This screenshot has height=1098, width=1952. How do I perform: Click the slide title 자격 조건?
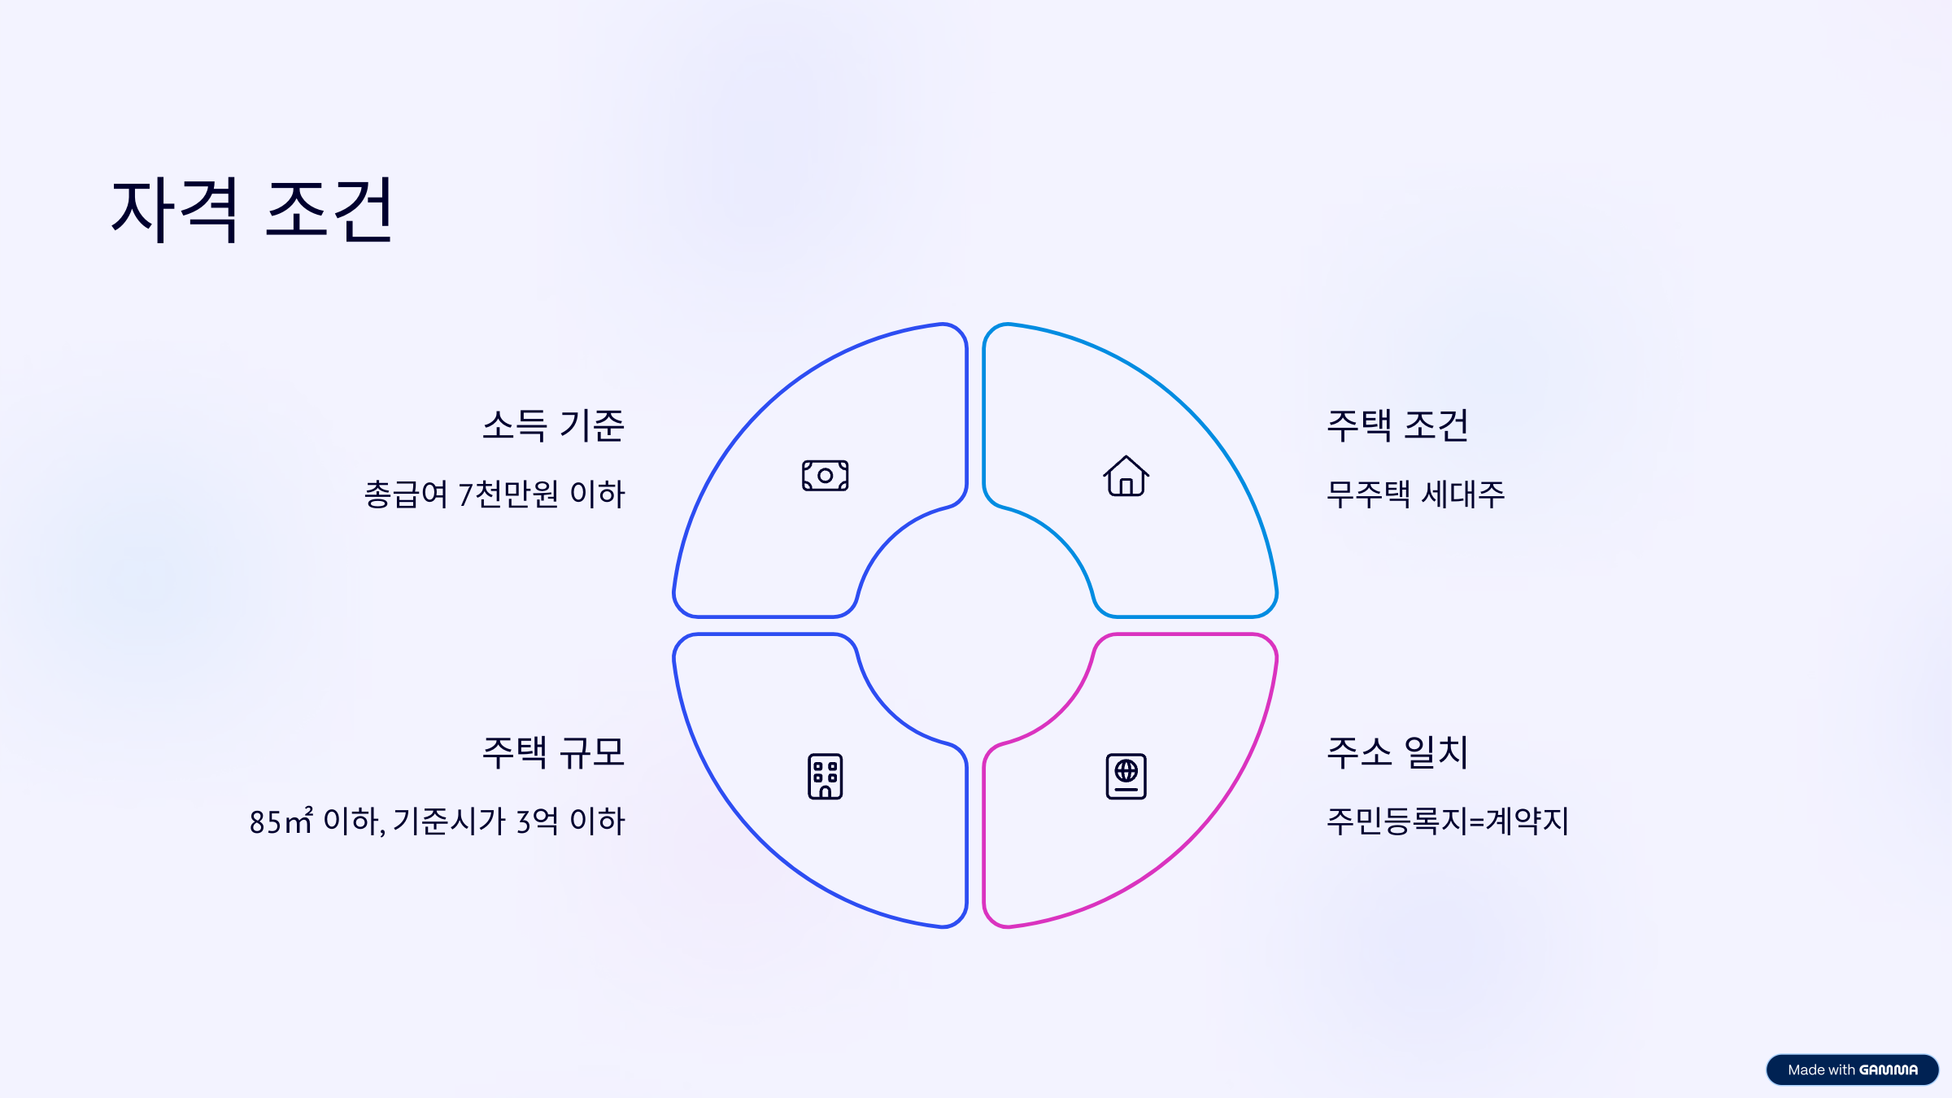pyautogui.click(x=252, y=210)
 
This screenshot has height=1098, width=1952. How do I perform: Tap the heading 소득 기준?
pyautogui.click(x=553, y=425)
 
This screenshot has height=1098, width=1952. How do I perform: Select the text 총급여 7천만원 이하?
pyautogui.click(x=495, y=495)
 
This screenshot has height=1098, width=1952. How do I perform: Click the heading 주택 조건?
pyautogui.click(x=1397, y=425)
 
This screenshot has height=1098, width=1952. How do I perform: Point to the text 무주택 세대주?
pyautogui.click(x=1415, y=495)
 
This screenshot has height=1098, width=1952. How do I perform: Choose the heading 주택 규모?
pyautogui.click(x=553, y=752)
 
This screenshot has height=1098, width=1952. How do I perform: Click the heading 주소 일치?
pyautogui.click(x=1397, y=752)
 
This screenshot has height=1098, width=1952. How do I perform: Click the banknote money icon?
pyautogui.click(x=825, y=476)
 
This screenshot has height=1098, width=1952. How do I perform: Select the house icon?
pyautogui.click(x=1126, y=476)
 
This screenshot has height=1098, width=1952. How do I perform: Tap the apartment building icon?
pyautogui.click(x=825, y=777)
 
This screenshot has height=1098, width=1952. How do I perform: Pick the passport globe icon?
pyautogui.click(x=1126, y=777)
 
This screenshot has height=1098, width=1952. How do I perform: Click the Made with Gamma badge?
pyautogui.click(x=1852, y=1070)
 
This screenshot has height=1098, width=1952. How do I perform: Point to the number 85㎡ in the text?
pyautogui.click(x=281, y=821)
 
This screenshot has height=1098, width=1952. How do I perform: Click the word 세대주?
pyautogui.click(x=1462, y=495)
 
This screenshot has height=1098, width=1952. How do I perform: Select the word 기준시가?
pyautogui.click(x=450, y=821)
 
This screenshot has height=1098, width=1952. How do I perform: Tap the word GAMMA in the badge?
pyautogui.click(x=1889, y=1070)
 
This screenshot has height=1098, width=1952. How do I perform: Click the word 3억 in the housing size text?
pyautogui.click(x=537, y=821)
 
